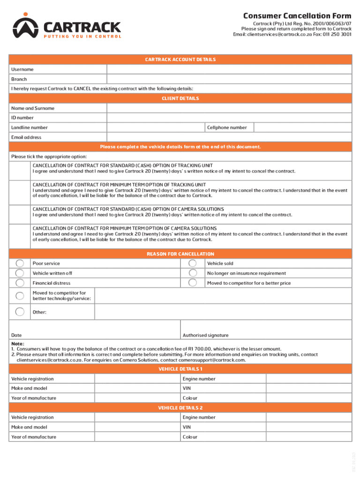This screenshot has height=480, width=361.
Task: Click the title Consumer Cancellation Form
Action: tap(297, 16)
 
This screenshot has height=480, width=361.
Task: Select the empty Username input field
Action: tap(229, 69)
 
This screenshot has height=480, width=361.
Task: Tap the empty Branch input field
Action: tap(229, 79)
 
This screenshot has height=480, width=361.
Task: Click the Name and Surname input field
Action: tap(229, 108)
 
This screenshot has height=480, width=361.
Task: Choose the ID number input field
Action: tap(229, 118)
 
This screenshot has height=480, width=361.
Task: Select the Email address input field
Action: tap(229, 137)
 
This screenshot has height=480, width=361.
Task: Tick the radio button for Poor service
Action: tap(20, 263)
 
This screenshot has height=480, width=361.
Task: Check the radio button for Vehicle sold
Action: tap(192, 263)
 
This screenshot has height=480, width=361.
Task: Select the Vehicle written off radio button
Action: tap(20, 273)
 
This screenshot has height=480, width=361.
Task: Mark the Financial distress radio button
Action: tap(20, 283)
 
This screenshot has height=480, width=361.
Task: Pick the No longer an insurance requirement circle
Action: tap(192, 273)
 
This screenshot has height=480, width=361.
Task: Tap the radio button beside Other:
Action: tap(20, 312)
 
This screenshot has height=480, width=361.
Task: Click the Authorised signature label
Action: tap(206, 335)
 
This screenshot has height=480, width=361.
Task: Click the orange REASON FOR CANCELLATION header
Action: tap(180, 254)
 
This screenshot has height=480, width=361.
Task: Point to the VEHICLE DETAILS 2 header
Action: tap(180, 408)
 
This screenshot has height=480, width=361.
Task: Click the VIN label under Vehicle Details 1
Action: tap(187, 389)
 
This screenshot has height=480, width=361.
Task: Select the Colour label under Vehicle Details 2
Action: tap(190, 437)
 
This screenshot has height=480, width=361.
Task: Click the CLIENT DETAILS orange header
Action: tap(180, 98)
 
